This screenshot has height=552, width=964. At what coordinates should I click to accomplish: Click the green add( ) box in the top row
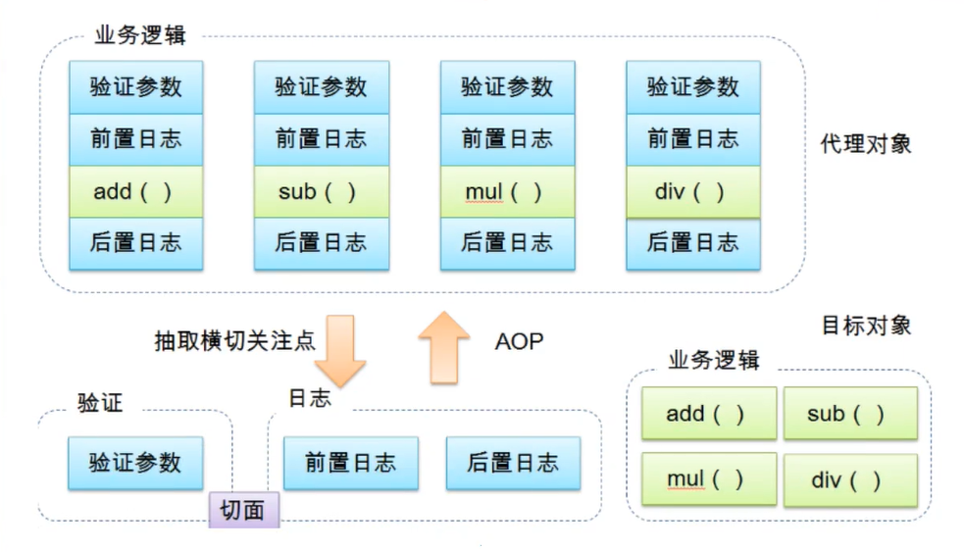(x=135, y=192)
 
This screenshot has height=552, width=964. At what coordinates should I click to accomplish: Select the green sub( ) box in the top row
(x=321, y=192)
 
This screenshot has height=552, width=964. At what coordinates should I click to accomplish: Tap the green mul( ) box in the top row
(x=506, y=192)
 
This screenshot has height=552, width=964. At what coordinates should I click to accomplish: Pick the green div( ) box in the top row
(x=692, y=192)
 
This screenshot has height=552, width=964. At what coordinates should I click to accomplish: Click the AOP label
(x=519, y=341)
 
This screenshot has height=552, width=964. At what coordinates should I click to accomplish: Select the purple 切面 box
(x=243, y=510)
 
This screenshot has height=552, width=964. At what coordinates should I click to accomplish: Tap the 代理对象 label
(x=866, y=143)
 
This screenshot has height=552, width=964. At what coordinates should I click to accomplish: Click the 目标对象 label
(x=866, y=325)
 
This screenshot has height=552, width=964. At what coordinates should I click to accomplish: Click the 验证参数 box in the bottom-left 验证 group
(x=135, y=463)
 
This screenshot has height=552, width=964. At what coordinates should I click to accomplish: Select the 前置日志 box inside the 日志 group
(x=350, y=463)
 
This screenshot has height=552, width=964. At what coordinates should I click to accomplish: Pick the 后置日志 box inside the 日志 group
(x=513, y=463)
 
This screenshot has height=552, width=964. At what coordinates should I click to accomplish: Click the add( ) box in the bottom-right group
(x=708, y=413)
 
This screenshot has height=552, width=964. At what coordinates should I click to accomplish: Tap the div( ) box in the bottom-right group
(x=849, y=480)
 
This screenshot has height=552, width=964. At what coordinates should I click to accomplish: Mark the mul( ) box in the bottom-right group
(x=708, y=480)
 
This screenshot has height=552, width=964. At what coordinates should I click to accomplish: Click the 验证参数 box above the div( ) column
(x=692, y=86)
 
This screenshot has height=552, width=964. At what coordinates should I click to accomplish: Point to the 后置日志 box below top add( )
(x=135, y=243)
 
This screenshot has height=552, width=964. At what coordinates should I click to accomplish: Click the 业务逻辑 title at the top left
(x=139, y=36)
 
